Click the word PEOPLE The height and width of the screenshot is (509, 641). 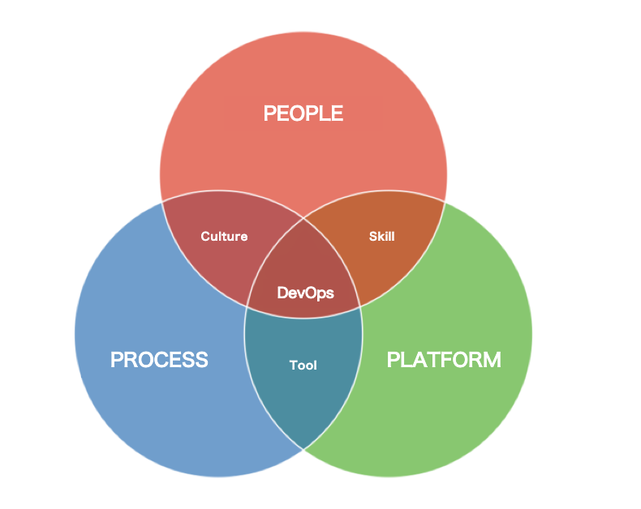tap(303, 113)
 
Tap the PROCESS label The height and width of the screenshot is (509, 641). tap(159, 359)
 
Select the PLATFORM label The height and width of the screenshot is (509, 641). tap(444, 359)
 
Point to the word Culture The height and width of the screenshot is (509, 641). tap(224, 237)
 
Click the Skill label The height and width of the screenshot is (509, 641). tap(381, 237)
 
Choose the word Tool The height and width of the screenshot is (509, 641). tap(303, 366)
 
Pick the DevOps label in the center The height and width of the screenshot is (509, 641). tap(305, 293)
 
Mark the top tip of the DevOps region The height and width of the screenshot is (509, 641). tap(304, 217)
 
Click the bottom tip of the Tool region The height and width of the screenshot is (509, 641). tap(304, 448)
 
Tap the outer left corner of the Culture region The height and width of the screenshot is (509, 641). tap(162, 200)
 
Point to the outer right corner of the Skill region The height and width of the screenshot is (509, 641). tap(445, 200)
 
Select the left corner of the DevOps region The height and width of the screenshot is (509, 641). tap(247, 306)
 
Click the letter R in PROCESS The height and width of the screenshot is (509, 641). tap(130, 359)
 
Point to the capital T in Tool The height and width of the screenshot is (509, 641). tap(293, 366)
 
